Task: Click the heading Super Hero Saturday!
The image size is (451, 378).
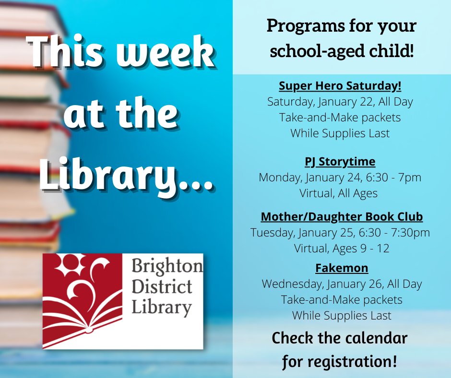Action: click(340, 87)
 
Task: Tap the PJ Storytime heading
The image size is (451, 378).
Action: click(340, 161)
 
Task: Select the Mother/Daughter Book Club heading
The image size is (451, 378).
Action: click(342, 217)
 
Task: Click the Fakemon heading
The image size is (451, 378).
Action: click(342, 268)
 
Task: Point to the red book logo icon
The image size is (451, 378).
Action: click(83, 300)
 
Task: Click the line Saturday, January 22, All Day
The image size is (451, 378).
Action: click(340, 102)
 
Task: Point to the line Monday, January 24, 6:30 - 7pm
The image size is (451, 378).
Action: click(340, 177)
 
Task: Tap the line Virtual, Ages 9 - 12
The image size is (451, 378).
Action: click(342, 248)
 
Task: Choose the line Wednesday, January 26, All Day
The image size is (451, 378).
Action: click(342, 284)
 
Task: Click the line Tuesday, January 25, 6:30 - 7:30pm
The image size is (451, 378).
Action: click(340, 233)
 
